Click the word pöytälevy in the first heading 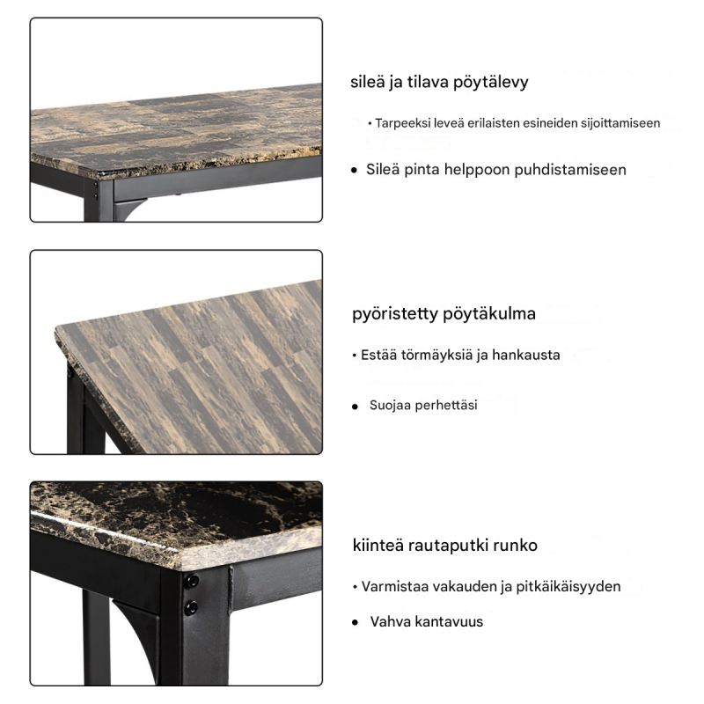pos(490,83)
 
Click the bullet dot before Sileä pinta pos(355,170)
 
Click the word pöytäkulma pos(489,314)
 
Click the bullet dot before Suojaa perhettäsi pos(356,407)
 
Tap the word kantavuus pos(449,622)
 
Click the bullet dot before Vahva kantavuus pos(356,622)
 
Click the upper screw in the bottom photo pos(192,582)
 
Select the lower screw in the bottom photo pos(191,608)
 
